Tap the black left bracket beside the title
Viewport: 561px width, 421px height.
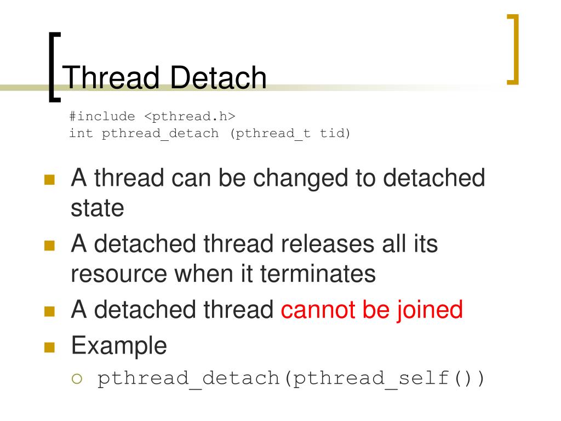pos(53,67)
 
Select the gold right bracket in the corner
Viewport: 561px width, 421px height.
pos(512,50)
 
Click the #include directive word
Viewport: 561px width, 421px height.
pos(102,116)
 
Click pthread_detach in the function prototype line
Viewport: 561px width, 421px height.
pos(160,133)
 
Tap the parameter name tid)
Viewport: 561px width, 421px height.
pos(335,133)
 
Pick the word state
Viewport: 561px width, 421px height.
pos(98,208)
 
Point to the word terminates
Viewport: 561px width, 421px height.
pos(318,273)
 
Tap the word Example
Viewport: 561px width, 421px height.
pos(119,346)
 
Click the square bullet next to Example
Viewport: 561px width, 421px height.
pos(50,348)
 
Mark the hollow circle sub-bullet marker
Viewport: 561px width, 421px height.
pos(77,379)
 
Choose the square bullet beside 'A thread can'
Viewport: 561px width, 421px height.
pos(50,180)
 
